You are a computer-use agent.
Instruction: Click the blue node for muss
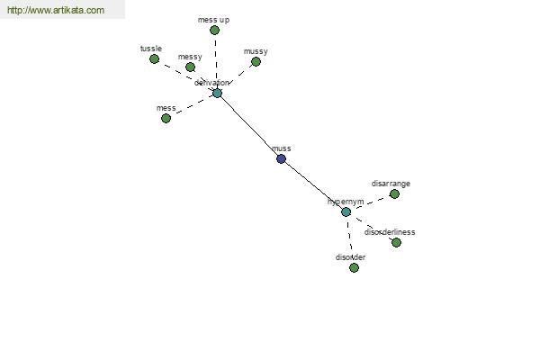coord(281,158)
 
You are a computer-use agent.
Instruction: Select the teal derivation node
coord(217,93)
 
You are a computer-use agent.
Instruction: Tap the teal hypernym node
coord(346,211)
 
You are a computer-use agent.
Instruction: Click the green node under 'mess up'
coord(214,30)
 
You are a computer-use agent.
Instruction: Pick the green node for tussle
coord(154,58)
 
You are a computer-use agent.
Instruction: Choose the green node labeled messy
coord(190,67)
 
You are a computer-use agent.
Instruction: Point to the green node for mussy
coord(256,62)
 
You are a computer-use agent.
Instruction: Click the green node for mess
coord(166,118)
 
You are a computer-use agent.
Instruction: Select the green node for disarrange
coord(394,193)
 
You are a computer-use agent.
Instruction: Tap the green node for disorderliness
coord(396,242)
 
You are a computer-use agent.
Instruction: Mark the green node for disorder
coord(354,267)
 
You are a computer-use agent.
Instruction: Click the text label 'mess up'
coord(213,19)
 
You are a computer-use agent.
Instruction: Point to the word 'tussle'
coord(151,48)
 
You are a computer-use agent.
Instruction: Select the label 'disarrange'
coord(391,184)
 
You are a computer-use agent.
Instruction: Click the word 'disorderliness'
coord(390,232)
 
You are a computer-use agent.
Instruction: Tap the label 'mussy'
coord(256,51)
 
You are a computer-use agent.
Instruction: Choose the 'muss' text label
coord(281,148)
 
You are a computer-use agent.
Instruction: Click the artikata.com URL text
coord(55,11)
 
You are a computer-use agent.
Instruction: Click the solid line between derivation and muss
coord(249,126)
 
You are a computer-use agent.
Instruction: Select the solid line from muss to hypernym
coord(313,185)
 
